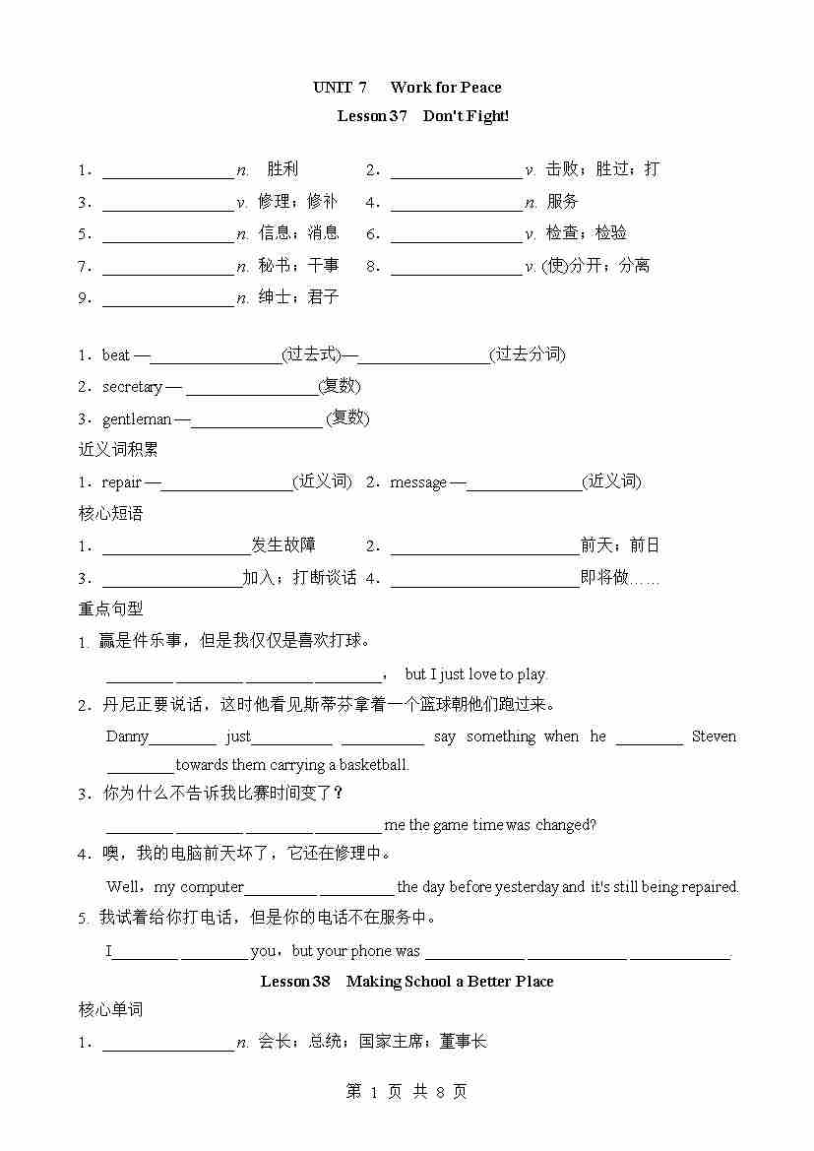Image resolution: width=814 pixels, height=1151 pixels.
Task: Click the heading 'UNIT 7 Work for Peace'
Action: point(407,88)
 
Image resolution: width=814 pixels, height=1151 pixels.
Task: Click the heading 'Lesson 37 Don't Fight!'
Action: point(422,116)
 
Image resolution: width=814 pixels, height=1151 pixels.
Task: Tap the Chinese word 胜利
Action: point(282,169)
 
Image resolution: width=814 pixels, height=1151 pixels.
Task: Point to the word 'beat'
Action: point(116,355)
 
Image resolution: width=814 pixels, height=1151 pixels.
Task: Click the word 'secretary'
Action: point(132,387)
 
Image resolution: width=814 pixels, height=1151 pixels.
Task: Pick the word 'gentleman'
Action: point(137,418)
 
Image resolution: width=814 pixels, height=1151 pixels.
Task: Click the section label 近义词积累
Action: point(118,450)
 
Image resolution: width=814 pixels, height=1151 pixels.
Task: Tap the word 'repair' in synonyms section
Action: point(122,482)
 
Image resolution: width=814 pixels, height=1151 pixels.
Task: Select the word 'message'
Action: point(418,482)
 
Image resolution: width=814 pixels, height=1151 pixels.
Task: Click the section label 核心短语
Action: point(110,514)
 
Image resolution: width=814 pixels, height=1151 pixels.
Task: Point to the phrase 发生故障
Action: point(283,545)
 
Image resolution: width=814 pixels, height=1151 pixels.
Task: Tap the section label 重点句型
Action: point(110,609)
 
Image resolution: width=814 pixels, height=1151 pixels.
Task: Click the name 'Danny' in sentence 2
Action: point(127,736)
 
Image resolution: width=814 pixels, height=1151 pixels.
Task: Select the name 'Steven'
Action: point(714,736)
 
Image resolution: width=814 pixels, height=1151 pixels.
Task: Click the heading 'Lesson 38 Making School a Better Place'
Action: point(407,982)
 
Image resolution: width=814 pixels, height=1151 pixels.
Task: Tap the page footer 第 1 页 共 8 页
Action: point(407,1091)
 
